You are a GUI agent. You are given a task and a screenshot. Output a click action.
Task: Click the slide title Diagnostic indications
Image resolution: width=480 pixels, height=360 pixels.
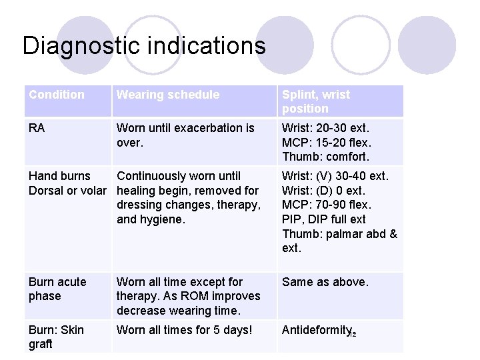pos(144,45)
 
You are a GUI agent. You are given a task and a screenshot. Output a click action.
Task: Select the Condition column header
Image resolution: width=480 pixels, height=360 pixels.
pos(57,95)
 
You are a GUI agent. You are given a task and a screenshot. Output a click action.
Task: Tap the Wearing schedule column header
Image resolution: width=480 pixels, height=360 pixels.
pos(168,95)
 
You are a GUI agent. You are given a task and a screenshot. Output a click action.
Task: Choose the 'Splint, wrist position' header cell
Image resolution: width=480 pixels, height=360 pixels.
pos(315,101)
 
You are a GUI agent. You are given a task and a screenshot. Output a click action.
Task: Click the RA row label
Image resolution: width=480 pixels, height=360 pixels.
pos(37,128)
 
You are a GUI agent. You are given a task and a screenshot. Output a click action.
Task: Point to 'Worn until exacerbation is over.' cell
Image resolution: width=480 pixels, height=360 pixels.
pos(185,135)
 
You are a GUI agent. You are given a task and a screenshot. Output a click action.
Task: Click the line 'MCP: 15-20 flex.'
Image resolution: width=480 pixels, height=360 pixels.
pos(327,143)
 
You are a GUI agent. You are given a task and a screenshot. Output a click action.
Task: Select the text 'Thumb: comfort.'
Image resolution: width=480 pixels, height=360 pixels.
pos(325,157)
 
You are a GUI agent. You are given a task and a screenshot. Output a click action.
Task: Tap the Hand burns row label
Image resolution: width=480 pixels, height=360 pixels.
pos(59,176)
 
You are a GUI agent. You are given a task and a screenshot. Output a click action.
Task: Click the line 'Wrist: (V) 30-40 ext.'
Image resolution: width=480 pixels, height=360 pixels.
pos(335,176)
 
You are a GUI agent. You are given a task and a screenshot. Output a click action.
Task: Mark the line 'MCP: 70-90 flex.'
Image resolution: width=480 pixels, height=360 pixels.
pos(327,205)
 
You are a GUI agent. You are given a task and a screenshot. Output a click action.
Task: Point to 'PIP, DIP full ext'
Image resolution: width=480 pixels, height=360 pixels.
pos(324,219)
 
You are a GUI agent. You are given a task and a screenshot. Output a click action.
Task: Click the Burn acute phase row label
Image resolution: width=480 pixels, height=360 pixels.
pos(57,289)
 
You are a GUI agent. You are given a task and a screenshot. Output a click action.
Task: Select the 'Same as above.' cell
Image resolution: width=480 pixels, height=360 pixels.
pos(325,282)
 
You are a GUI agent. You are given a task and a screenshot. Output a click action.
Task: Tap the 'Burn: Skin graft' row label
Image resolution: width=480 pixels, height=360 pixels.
pos(57,337)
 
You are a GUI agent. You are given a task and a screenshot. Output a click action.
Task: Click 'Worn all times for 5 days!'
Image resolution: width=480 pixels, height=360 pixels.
pos(185,330)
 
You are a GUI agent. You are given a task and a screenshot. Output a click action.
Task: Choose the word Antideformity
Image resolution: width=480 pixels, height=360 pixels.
pos(317,330)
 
